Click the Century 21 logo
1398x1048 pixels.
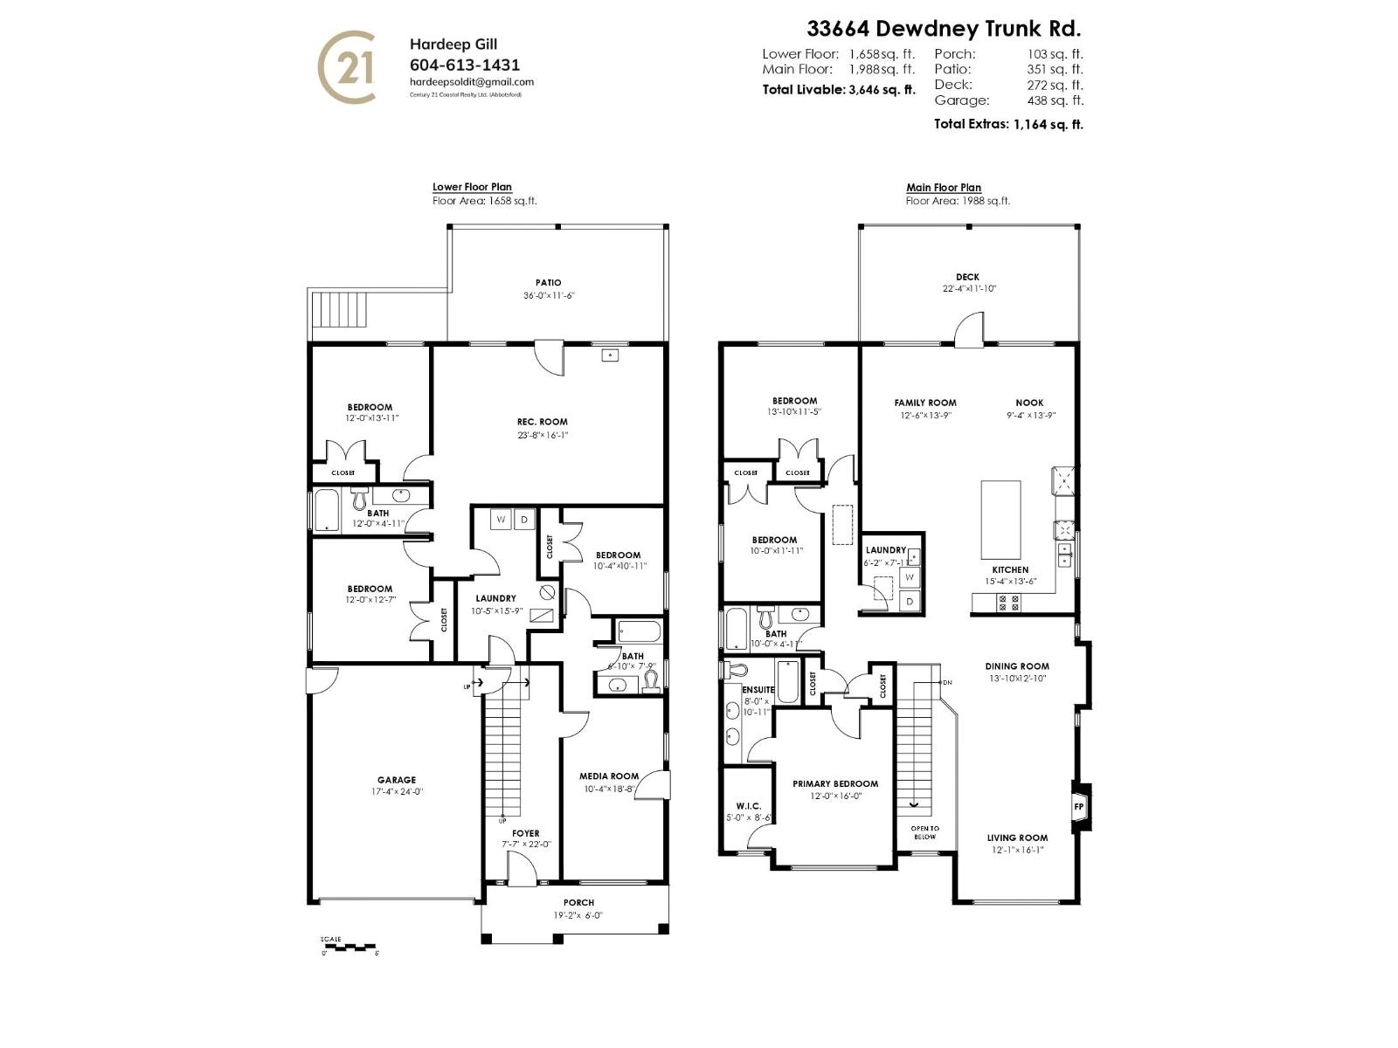pyautogui.click(x=346, y=66)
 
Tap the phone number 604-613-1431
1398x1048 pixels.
pyautogui.click(x=464, y=65)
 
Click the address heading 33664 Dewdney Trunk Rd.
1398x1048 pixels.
pyautogui.click(x=943, y=29)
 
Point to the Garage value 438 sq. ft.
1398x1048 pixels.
pyautogui.click(x=1055, y=100)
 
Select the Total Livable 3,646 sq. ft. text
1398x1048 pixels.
pyautogui.click(x=838, y=89)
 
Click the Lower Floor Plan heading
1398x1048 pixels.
pyautogui.click(x=472, y=187)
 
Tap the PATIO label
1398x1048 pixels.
pyautogui.click(x=548, y=283)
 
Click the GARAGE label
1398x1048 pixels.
pyautogui.click(x=396, y=780)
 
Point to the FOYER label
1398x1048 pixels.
pyautogui.click(x=525, y=833)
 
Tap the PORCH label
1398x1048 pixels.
pyautogui.click(x=578, y=902)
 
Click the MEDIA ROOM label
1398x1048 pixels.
pyautogui.click(x=608, y=776)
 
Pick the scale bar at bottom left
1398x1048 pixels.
pyautogui.click(x=348, y=946)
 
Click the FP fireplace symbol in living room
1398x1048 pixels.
pyautogui.click(x=1078, y=806)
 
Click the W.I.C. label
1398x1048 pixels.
pyautogui.click(x=748, y=806)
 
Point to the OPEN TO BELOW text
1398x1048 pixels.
pyautogui.click(x=924, y=832)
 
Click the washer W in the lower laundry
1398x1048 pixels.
pyautogui.click(x=501, y=520)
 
